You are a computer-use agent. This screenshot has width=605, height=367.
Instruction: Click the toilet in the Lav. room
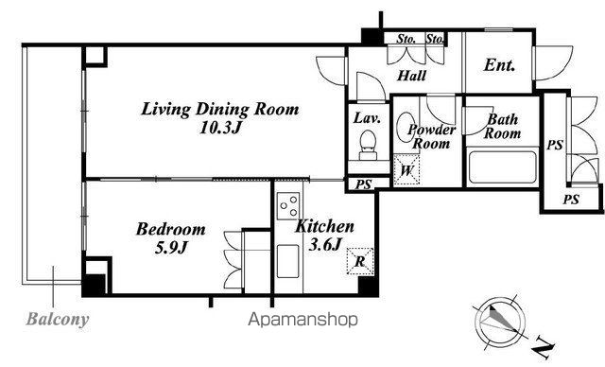tap(368, 145)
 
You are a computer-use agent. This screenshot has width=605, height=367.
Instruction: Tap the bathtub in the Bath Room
tap(502, 167)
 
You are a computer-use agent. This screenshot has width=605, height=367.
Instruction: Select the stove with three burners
tap(288, 205)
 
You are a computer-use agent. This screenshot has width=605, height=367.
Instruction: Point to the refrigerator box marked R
tap(360, 261)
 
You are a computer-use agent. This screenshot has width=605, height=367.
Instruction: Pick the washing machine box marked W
tap(406, 170)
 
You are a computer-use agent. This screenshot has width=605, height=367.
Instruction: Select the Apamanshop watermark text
tap(302, 320)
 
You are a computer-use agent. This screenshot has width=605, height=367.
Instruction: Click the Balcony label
tap(58, 320)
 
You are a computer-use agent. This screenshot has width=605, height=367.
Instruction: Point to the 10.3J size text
tap(220, 128)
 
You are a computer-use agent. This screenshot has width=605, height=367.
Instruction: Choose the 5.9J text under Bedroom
tap(171, 248)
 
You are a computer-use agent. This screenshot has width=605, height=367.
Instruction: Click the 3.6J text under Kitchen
tap(325, 244)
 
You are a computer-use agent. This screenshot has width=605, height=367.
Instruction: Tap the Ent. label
tap(499, 65)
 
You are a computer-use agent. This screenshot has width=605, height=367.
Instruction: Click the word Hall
tap(412, 76)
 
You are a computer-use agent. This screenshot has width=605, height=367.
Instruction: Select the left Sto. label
tap(406, 39)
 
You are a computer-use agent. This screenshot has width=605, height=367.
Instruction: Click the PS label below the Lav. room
tap(363, 184)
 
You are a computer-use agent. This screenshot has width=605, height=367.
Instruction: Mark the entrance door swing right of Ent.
tap(552, 63)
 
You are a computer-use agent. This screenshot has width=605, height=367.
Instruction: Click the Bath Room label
tap(502, 126)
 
